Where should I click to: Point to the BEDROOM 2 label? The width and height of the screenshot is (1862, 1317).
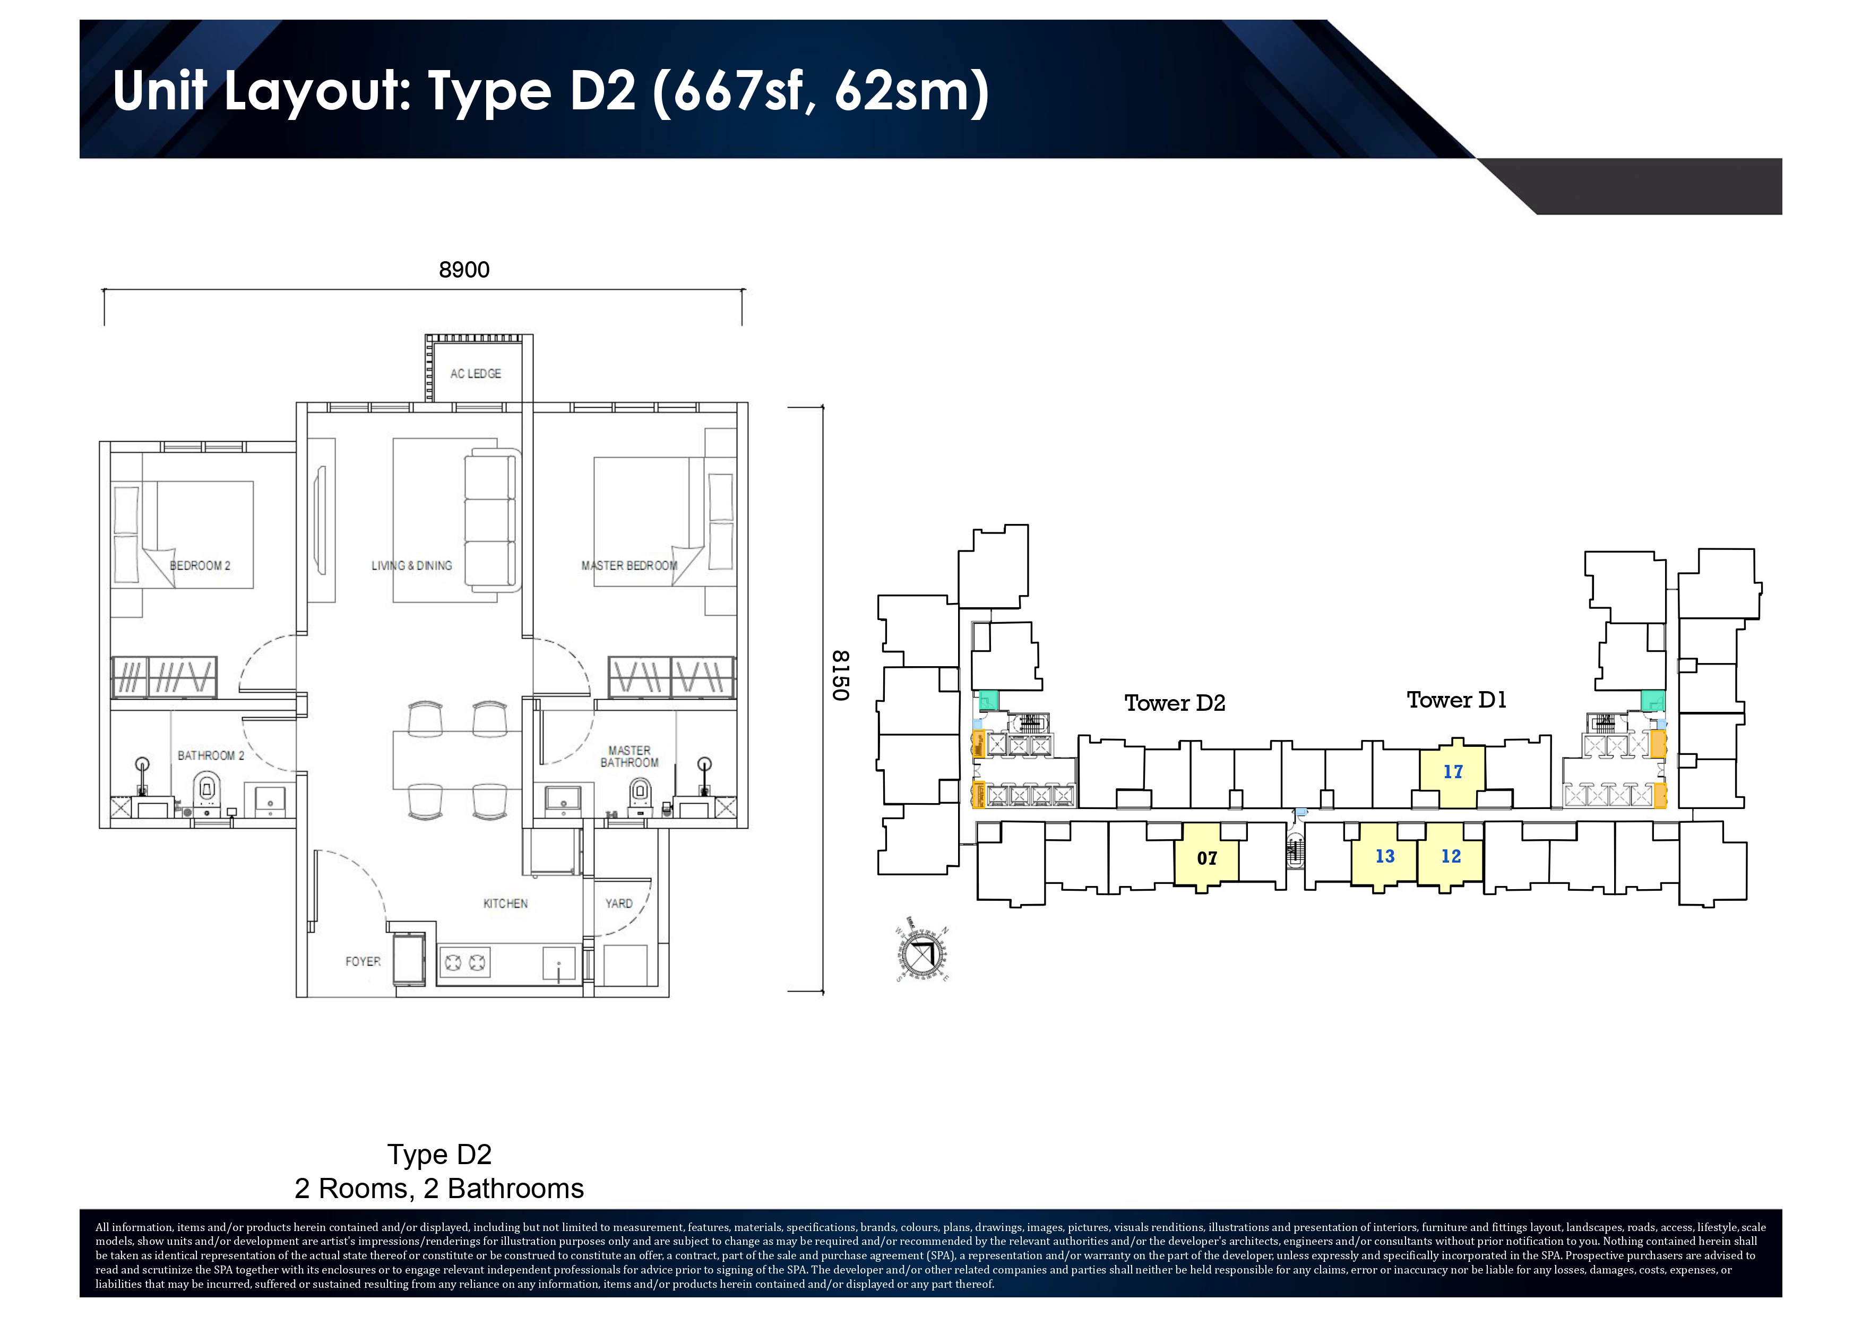click(x=200, y=565)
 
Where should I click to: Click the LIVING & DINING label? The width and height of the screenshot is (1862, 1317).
click(x=411, y=565)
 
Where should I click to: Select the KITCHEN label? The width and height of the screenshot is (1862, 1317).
click(x=505, y=903)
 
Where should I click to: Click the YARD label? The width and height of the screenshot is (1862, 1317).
click(x=619, y=903)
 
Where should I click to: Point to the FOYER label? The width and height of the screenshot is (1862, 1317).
click(x=363, y=962)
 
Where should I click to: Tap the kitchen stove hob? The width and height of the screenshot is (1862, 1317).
click(x=464, y=962)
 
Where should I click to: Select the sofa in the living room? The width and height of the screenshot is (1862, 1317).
click(x=490, y=521)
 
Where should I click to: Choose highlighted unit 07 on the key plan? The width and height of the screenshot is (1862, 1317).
click(x=1206, y=857)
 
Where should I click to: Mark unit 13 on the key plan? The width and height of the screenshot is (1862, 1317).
click(x=1384, y=856)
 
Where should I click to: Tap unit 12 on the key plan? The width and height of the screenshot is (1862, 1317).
click(x=1451, y=856)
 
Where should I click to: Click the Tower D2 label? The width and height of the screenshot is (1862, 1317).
click(x=1174, y=703)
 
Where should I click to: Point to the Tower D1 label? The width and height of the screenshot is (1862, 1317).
click(x=1456, y=700)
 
